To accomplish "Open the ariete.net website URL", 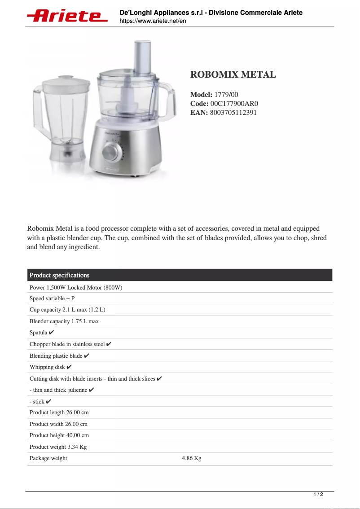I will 153,21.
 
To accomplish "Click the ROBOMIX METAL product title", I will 233,75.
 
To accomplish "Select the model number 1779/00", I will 226,95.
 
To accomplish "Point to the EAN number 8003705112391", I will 233,113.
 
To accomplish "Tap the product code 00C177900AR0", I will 234,104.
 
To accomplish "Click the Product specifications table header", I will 60,275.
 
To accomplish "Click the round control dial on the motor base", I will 109,152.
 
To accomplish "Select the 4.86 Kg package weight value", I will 191,458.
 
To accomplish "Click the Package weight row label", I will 48,458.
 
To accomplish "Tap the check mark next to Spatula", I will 52,333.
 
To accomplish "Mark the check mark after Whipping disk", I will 69,367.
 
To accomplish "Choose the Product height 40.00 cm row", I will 59,435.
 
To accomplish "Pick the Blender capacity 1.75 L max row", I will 64,321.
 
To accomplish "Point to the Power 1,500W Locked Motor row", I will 76,287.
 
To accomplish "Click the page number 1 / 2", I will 318,495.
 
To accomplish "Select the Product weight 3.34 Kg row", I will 58,447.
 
